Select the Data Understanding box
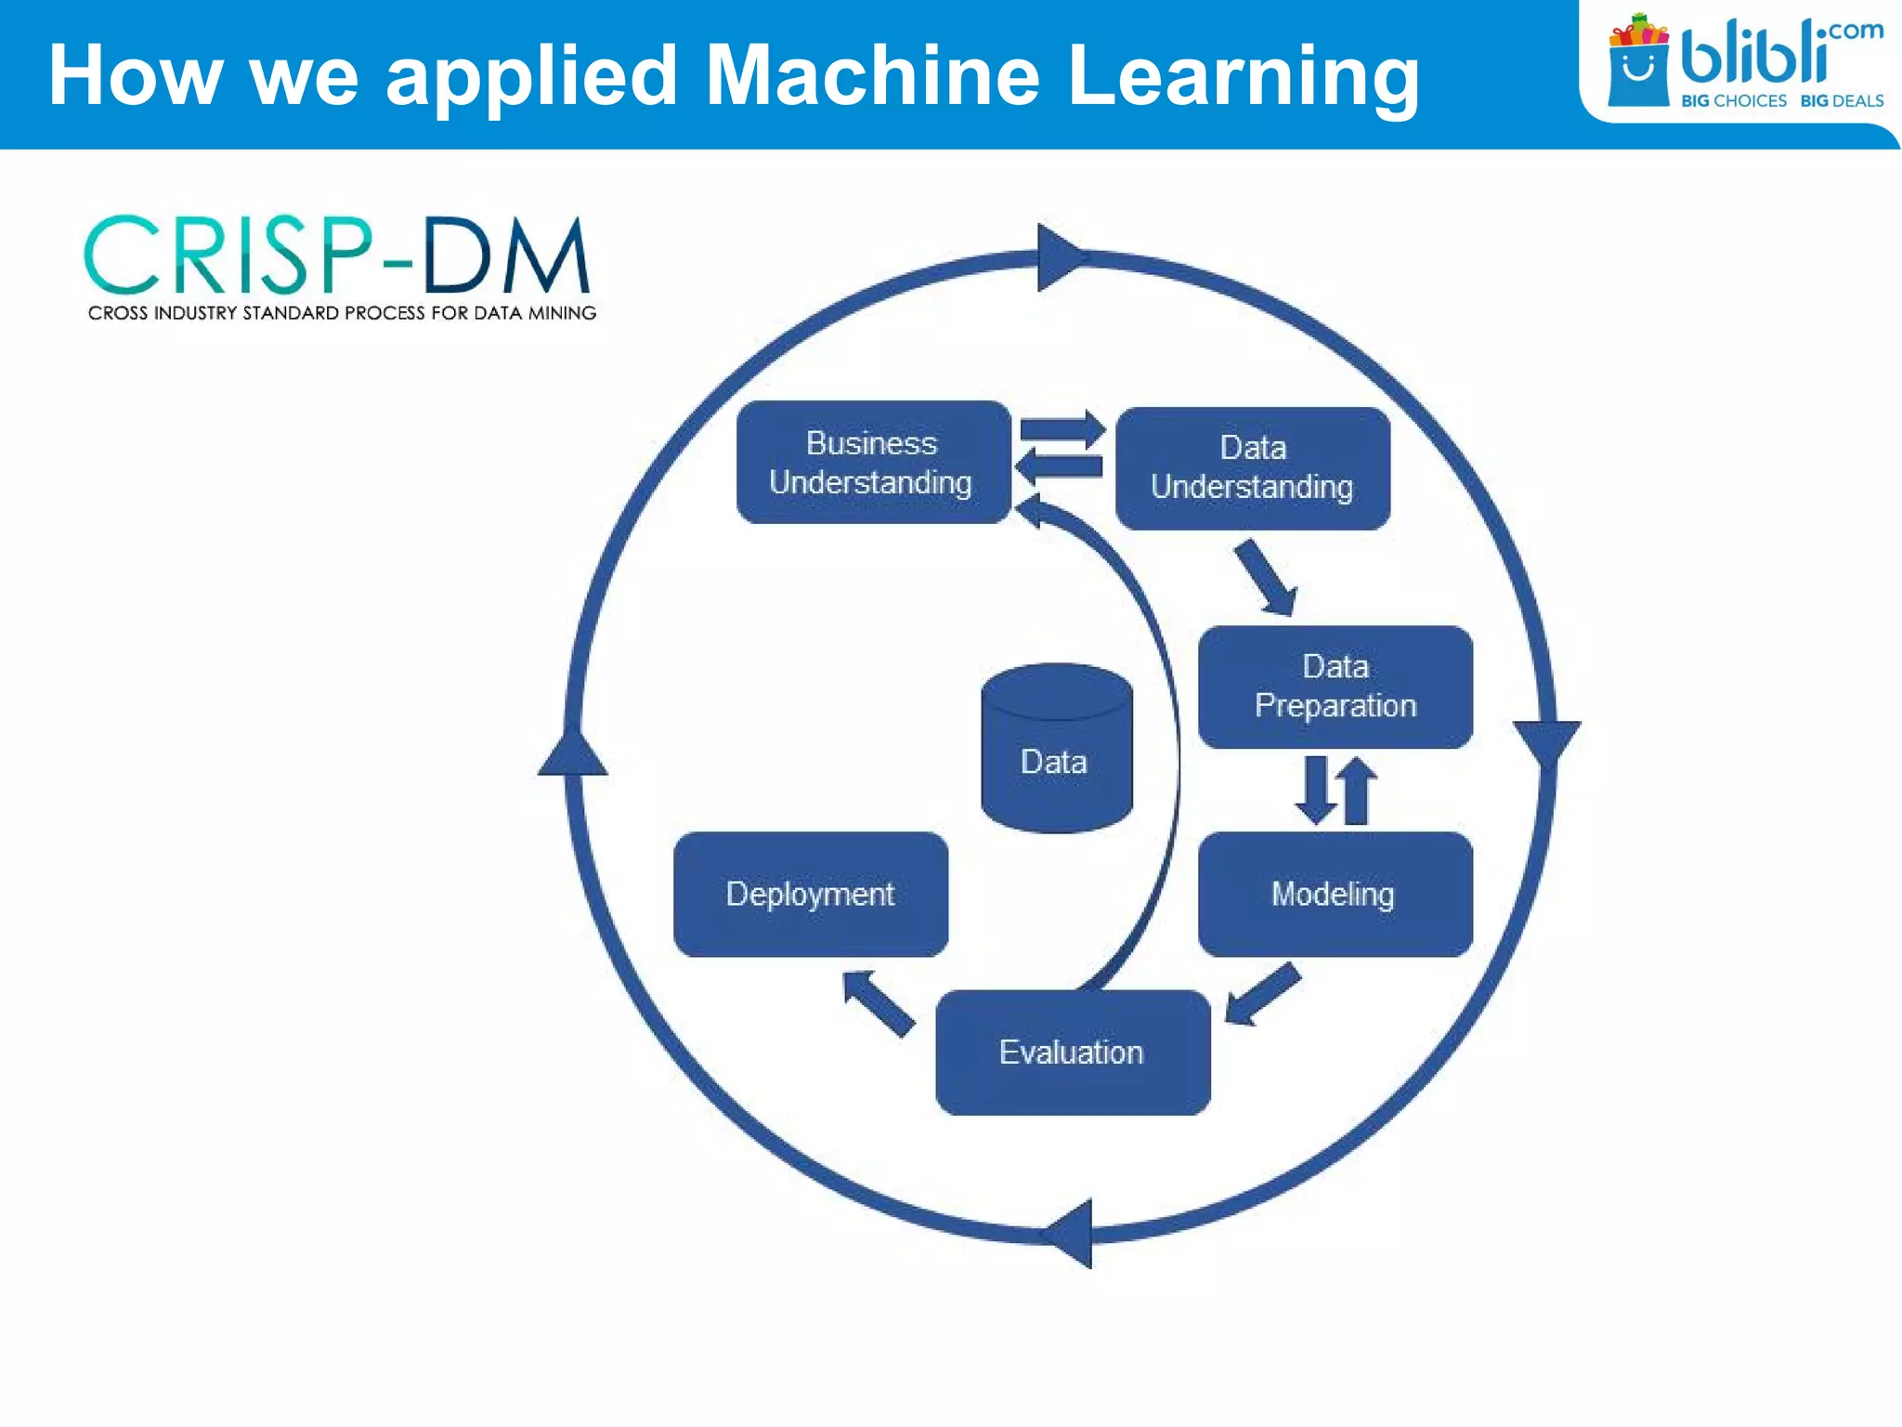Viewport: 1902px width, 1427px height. pos(1252,468)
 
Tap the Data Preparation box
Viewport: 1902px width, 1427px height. pos(1335,687)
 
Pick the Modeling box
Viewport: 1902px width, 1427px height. pos(1335,894)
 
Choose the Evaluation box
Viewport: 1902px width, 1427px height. pos(1073,1052)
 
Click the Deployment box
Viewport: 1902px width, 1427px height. pos(811,894)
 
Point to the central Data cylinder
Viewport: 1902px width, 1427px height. pos(1056,749)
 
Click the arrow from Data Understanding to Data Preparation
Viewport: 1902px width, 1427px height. pos(1265,577)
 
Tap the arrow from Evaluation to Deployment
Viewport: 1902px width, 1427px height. pos(878,1002)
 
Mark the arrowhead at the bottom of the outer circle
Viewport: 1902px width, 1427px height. pos(1073,1234)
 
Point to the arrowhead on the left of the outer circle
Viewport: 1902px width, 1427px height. pos(573,753)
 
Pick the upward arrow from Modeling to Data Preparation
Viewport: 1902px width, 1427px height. pos(1357,791)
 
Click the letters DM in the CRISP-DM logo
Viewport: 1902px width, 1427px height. pos(506,255)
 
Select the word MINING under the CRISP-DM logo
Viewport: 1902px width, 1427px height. pos(562,313)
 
